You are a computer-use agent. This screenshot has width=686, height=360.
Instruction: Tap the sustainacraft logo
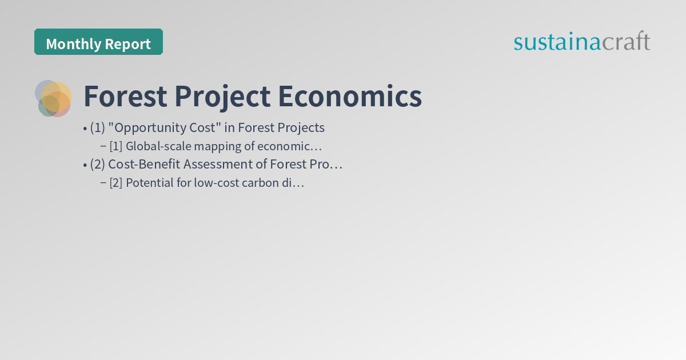[x=581, y=42]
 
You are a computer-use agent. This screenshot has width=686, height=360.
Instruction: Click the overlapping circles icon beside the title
[x=53, y=98]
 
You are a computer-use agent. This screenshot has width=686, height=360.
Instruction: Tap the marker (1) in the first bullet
[x=97, y=127]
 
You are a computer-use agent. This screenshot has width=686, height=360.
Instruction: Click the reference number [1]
[x=116, y=146]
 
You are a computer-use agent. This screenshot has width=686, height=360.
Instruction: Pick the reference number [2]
[x=116, y=183]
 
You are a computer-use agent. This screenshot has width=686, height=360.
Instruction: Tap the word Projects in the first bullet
[x=301, y=127]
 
